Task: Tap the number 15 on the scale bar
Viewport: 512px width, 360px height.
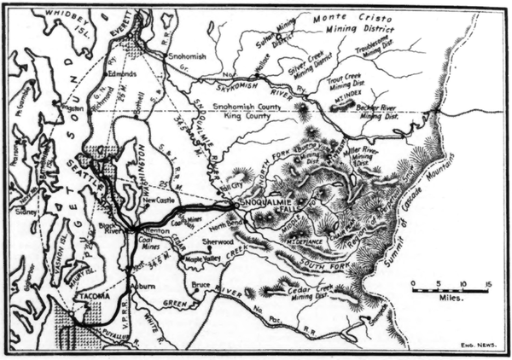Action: click(x=486, y=282)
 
